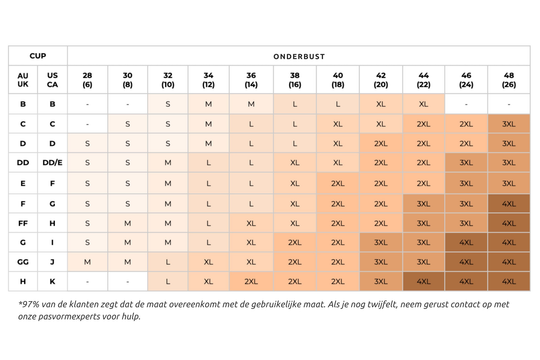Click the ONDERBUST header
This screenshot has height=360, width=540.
coord(299,56)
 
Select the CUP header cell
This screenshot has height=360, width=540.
coord(38,55)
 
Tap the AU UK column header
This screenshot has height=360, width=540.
coord(23,80)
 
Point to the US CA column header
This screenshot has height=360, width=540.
coord(52,80)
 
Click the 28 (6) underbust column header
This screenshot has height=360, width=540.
coord(87,80)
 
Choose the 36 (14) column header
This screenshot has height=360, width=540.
coord(251,80)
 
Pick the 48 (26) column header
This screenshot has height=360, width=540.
coord(509,80)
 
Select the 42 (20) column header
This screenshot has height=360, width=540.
coord(381,80)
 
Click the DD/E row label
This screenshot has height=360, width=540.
coord(52,163)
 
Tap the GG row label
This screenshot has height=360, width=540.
coord(23,262)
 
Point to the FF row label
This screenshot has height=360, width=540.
coord(23,223)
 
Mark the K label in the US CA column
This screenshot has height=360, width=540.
coord(52,281)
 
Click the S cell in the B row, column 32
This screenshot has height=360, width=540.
coord(168,104)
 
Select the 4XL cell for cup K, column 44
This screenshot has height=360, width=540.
coord(423,281)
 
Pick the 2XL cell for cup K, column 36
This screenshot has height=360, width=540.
coord(251,281)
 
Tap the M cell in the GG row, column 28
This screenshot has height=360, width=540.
coord(87,262)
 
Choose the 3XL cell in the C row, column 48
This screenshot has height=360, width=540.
coord(509,124)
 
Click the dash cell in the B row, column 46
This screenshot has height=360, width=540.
coord(466,104)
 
